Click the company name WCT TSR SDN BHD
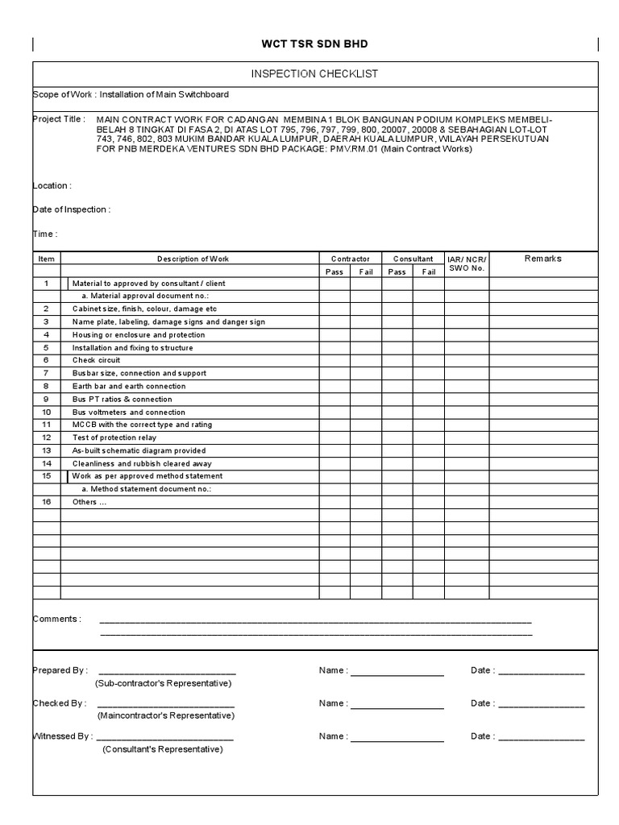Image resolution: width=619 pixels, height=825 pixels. tap(314, 44)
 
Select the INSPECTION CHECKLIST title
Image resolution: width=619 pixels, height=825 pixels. tap(314, 74)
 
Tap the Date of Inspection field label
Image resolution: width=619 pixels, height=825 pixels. tap(71, 209)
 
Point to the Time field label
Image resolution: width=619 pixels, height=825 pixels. tap(44, 234)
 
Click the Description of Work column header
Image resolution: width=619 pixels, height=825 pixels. tap(193, 259)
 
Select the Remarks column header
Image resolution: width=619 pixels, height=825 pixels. tap(542, 259)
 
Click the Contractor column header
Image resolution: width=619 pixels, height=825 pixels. tap(350, 259)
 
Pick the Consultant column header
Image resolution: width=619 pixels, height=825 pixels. tap(413, 259)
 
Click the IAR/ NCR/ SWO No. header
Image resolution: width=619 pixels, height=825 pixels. tap(467, 263)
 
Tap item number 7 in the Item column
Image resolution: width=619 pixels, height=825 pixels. tap(46, 373)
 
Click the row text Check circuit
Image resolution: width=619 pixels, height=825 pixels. tap(96, 360)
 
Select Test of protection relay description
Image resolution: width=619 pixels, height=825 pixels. tap(114, 437)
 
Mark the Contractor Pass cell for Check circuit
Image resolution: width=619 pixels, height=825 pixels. tap(334, 360)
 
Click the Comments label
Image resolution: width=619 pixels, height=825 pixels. tap(56, 619)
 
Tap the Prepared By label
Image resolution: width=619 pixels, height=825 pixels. tap(60, 670)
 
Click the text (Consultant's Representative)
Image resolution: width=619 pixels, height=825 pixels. tap(162, 748)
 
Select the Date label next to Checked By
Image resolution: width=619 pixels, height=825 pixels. tap(482, 703)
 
